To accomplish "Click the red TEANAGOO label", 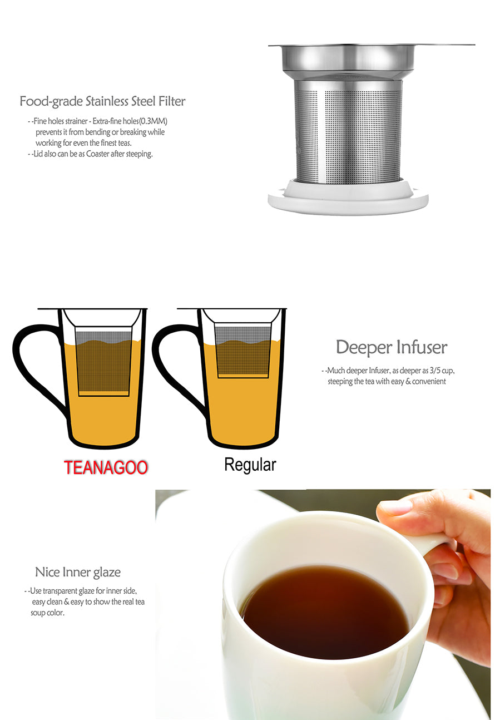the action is tap(106, 467).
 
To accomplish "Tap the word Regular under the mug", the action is tap(250, 465).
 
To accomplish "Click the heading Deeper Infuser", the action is tap(392, 347).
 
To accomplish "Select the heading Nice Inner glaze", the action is tap(78, 572).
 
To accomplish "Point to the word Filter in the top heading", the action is tap(172, 101).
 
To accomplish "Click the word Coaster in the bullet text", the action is tap(98, 154).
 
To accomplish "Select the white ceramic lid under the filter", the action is tap(348, 198).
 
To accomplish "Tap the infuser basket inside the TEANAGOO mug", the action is tap(103, 362).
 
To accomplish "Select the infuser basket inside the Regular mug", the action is tap(243, 351).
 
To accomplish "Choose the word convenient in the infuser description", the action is tap(429, 382).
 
